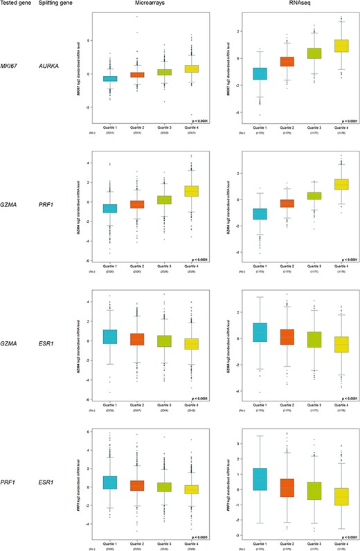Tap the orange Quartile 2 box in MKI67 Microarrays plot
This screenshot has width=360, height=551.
point(137,74)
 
